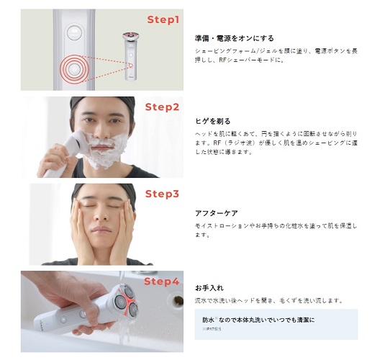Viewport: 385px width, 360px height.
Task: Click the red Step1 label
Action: click(x=163, y=19)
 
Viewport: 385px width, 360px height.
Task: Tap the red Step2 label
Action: click(x=162, y=107)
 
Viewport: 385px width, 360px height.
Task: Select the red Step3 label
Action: click(x=162, y=194)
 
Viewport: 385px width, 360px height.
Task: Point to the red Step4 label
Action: click(x=161, y=282)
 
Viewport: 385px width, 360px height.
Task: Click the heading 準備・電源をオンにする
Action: click(x=235, y=38)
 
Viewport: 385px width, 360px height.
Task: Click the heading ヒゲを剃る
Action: click(x=212, y=121)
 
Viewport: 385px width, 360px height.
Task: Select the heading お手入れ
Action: click(x=209, y=288)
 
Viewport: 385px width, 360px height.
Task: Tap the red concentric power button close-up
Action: click(x=73, y=69)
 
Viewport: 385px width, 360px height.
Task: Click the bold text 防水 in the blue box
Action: click(x=209, y=320)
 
